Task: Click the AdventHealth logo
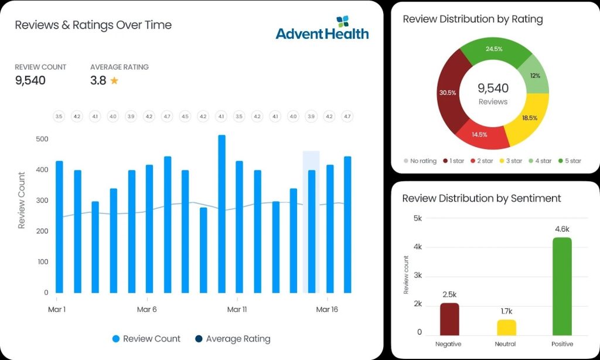[x=322, y=28]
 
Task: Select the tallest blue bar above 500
[x=221, y=214]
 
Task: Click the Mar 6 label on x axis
[x=146, y=310]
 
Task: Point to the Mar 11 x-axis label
[x=237, y=310]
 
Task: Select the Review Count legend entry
[x=146, y=339]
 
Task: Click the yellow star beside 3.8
[x=114, y=81]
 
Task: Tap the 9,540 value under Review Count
[x=30, y=80]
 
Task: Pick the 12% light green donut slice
[x=534, y=77]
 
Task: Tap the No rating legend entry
[x=420, y=161]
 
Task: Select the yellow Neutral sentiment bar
[x=506, y=328]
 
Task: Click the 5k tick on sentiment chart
[x=417, y=218]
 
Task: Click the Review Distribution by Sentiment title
[x=481, y=198]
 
